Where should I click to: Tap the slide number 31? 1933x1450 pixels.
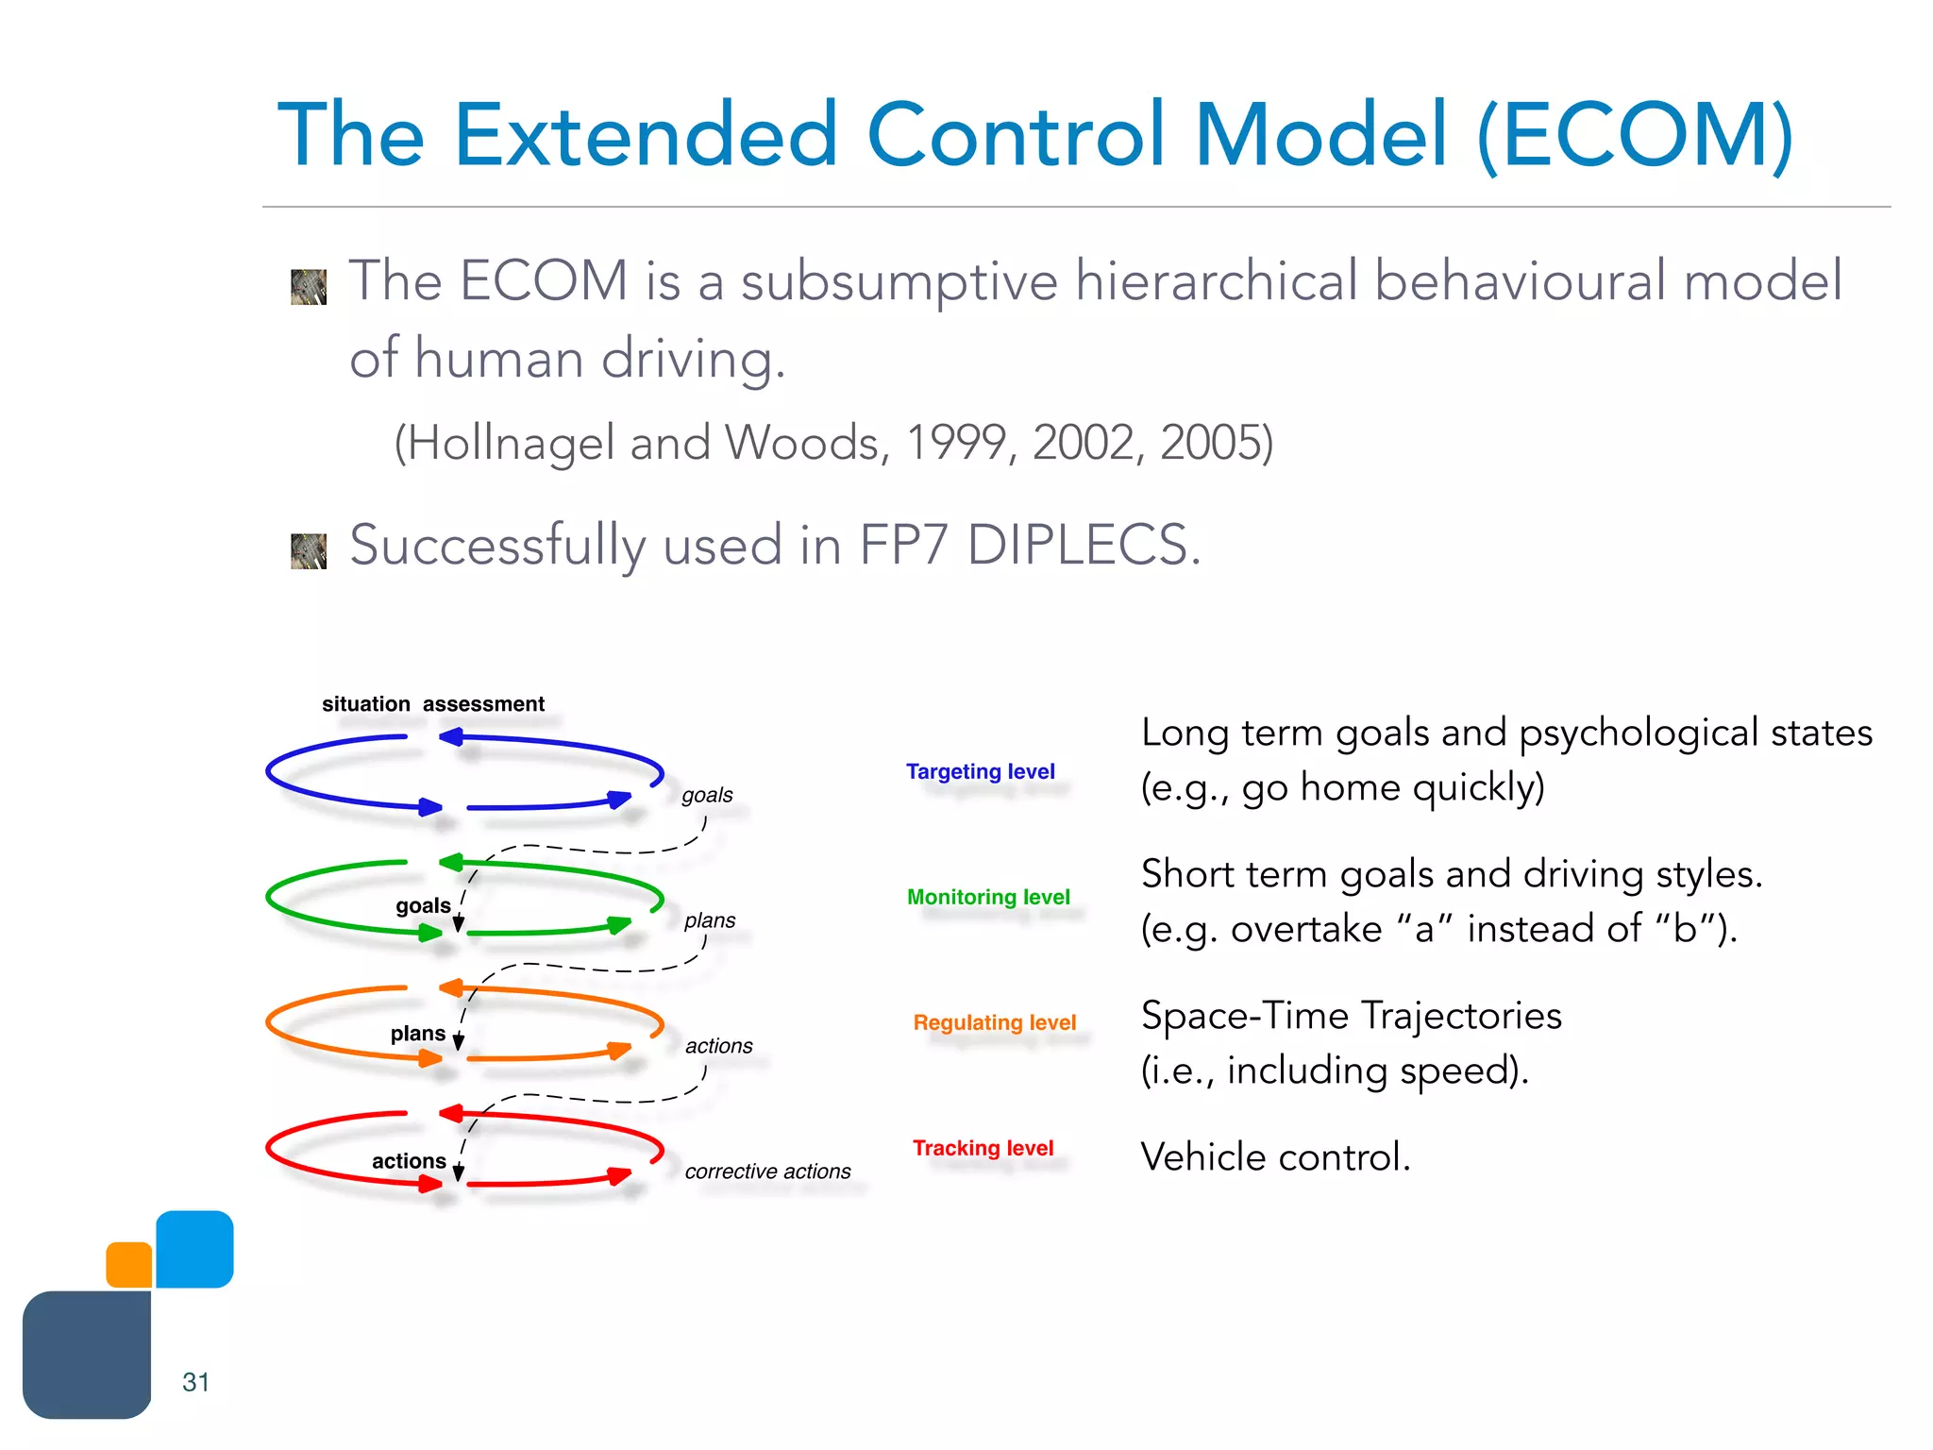[x=195, y=1382]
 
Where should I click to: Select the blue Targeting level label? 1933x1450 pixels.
[x=980, y=771]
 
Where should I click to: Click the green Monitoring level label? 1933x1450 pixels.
[x=988, y=897]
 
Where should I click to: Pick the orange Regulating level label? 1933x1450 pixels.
[x=994, y=1022]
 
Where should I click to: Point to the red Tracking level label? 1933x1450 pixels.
[x=983, y=1148]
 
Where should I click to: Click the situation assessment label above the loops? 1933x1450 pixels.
[x=433, y=704]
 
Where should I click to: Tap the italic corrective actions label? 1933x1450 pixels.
[x=767, y=1172]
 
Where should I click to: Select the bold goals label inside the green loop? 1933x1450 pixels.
[x=423, y=906]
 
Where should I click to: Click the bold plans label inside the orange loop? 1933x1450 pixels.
[x=417, y=1034]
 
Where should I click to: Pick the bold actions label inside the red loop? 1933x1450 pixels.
[x=409, y=1161]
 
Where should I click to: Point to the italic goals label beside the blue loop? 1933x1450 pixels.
[x=707, y=796]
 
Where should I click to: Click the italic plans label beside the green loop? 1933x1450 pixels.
[x=710, y=920]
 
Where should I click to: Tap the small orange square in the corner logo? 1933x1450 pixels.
[x=129, y=1265]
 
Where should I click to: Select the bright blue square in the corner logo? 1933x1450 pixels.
[x=194, y=1249]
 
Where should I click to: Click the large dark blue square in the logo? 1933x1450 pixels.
[x=87, y=1355]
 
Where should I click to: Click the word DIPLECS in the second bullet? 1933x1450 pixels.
[x=1084, y=546]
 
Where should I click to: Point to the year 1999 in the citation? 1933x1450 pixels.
[x=955, y=443]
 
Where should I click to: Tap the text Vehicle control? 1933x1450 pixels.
[x=1275, y=1157]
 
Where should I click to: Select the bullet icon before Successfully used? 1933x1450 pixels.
[x=309, y=551]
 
